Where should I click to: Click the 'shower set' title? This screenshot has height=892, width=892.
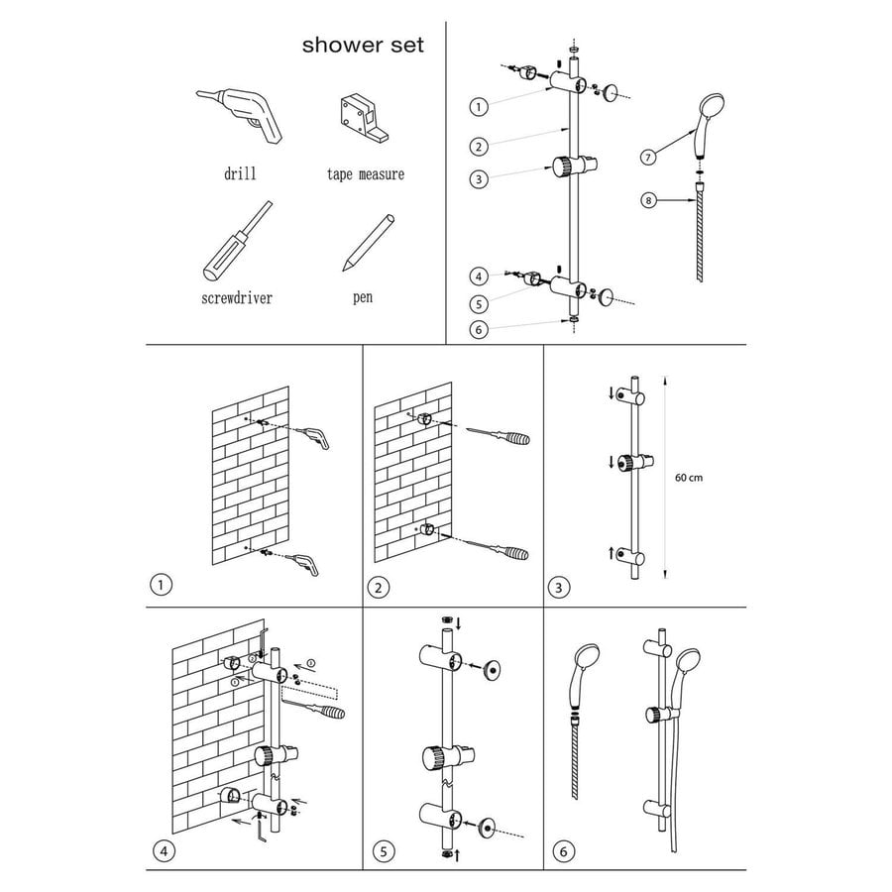[363, 45]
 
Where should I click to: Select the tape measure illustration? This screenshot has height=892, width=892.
[365, 118]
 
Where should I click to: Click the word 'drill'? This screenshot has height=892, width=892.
[239, 173]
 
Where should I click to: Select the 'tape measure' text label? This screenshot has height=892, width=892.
[366, 174]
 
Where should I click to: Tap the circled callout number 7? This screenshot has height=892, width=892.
[650, 157]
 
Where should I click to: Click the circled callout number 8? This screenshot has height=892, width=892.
[650, 202]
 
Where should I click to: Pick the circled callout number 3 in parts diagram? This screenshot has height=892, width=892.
[480, 179]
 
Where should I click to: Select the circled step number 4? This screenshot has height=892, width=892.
[165, 849]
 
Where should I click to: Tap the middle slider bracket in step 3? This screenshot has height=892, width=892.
[626, 463]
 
